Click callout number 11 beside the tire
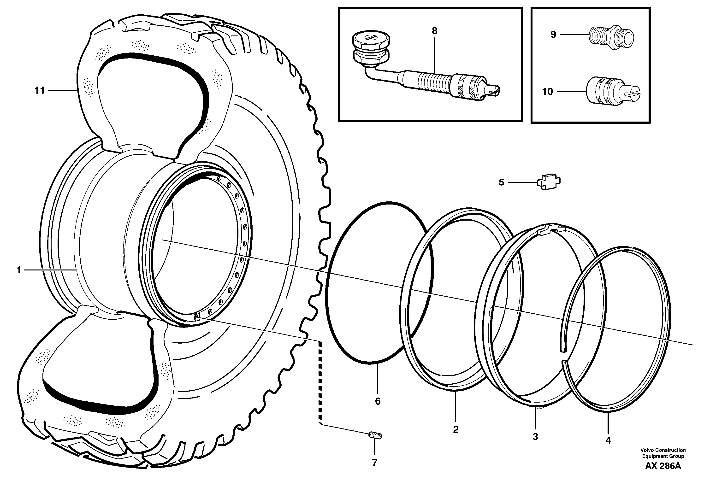click(39, 91)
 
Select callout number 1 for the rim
click(19, 270)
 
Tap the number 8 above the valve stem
click(434, 31)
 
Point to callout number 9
click(553, 35)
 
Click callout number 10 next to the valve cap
click(548, 92)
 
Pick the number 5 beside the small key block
click(501, 182)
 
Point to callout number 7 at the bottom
click(375, 463)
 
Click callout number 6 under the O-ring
click(378, 401)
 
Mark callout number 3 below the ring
click(535, 437)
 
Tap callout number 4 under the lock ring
click(608, 441)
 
